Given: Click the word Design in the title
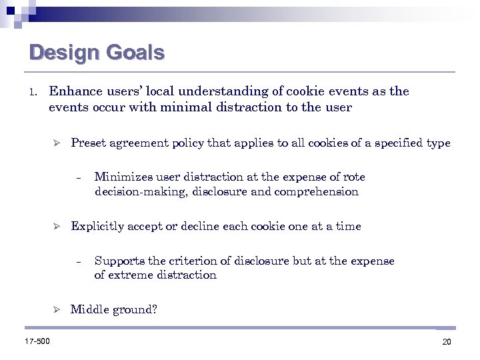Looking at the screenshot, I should point(59,52).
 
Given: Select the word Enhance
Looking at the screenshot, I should point(75,91).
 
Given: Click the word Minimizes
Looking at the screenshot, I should point(123,177).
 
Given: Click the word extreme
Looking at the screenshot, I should point(127,275).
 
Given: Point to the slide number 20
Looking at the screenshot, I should point(446,342).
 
